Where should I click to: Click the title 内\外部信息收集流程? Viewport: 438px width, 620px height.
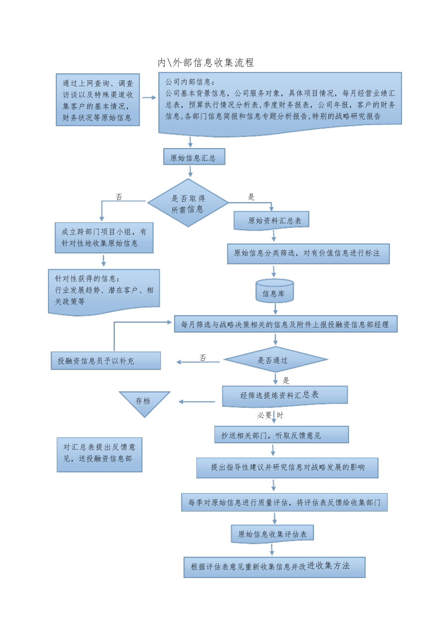tap(206, 63)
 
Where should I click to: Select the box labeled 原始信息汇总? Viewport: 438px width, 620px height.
tap(194, 157)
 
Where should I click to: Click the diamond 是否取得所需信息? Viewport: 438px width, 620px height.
tap(188, 203)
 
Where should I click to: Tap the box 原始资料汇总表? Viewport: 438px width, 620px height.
tap(272, 221)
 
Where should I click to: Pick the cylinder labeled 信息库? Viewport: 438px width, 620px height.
tap(274, 292)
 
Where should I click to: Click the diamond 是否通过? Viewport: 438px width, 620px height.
tap(275, 360)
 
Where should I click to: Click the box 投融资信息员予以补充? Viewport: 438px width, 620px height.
tap(106, 361)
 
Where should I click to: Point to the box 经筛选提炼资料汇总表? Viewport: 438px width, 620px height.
tap(284, 395)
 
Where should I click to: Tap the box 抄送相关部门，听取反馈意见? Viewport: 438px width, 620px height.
tap(281, 435)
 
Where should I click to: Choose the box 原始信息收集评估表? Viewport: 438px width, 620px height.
tap(272, 534)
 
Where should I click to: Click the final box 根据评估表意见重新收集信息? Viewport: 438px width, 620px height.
tap(274, 567)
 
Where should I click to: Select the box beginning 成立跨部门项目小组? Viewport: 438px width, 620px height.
tap(104, 238)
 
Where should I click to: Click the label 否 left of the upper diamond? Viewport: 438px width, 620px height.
tap(119, 197)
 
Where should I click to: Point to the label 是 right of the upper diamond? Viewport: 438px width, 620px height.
tap(251, 197)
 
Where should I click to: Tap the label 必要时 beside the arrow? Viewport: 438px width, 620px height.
tap(270, 416)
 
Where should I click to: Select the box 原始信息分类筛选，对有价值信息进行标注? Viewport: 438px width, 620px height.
tap(308, 253)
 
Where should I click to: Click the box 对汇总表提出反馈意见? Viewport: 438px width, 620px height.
tap(99, 454)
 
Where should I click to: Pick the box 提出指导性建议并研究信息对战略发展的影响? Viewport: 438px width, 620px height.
tap(287, 467)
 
